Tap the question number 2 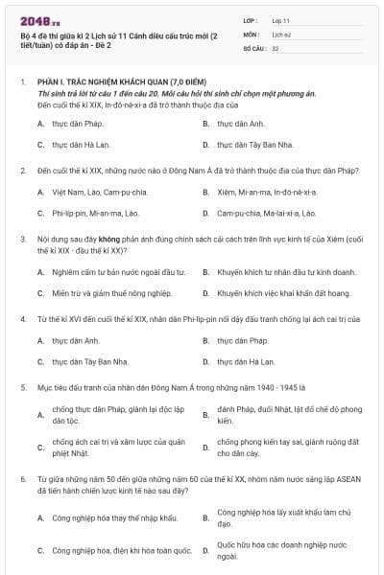click(22, 171)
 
